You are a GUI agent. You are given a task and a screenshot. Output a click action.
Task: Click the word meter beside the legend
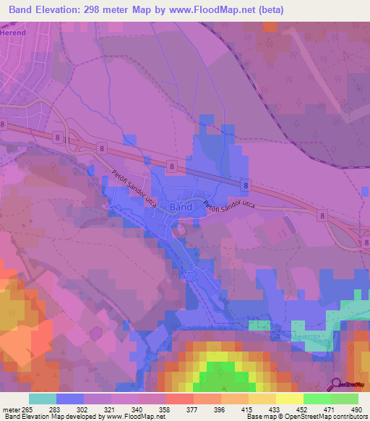tap(12, 409)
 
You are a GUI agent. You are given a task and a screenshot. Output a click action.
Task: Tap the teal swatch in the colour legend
tap(42, 399)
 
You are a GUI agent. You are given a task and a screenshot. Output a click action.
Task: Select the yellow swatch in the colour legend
tap(289, 399)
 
